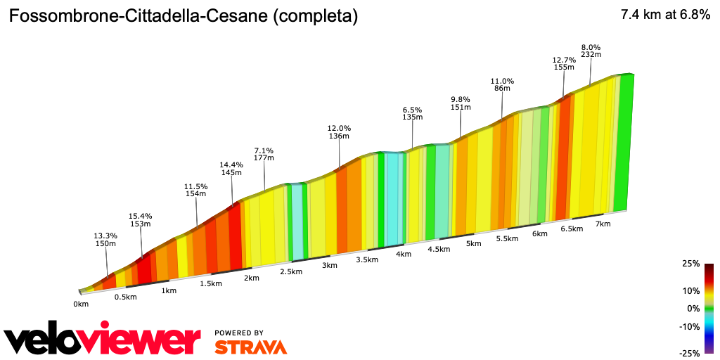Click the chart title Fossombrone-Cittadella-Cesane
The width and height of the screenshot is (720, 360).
[x=183, y=16]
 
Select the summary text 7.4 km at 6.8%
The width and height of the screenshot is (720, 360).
[x=664, y=15]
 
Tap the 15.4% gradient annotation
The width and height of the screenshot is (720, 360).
[x=140, y=220]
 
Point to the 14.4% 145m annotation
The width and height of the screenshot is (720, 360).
[x=231, y=169]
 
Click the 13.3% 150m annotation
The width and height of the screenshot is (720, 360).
[x=105, y=239]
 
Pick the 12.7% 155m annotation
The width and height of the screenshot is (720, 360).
[x=564, y=64]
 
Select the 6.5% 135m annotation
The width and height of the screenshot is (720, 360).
[x=412, y=114]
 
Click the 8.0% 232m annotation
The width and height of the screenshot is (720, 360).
[x=591, y=51]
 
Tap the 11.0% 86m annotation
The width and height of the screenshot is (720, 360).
[x=502, y=85]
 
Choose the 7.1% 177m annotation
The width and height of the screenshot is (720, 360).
[x=264, y=155]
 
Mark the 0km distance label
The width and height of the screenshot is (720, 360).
[x=81, y=304]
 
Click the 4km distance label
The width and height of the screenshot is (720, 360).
[x=403, y=254]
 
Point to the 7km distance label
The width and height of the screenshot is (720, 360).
[x=603, y=224]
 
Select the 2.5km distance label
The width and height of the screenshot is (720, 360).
[x=291, y=271]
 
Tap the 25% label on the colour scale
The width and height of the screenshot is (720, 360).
[x=691, y=264]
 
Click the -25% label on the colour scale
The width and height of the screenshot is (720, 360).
[x=690, y=353]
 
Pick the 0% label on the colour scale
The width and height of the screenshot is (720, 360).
[x=693, y=308]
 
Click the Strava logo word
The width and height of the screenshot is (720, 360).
[x=250, y=347]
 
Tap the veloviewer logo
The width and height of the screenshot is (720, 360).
[x=102, y=340]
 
